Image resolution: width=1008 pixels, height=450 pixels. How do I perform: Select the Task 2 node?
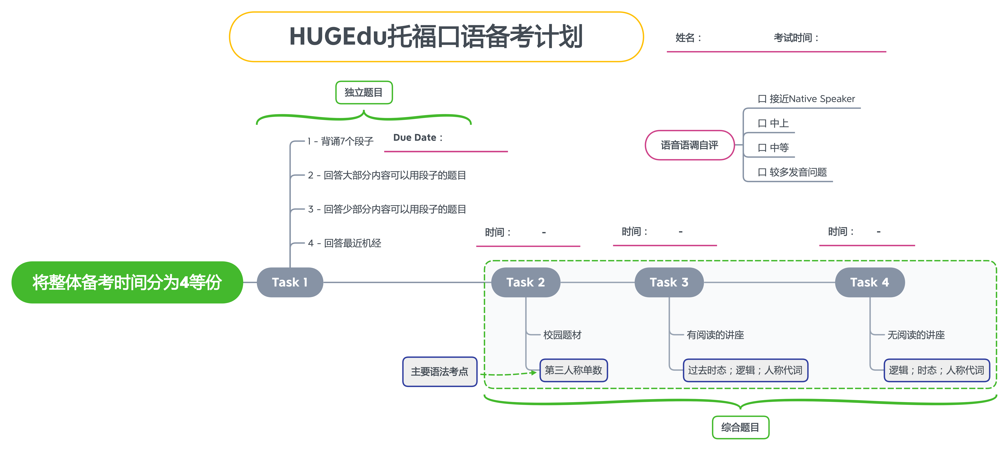click(526, 282)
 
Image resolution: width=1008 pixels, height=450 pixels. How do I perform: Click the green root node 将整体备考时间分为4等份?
click(127, 282)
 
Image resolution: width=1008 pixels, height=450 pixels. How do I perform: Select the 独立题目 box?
click(364, 92)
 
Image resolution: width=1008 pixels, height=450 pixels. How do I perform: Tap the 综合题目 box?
click(740, 427)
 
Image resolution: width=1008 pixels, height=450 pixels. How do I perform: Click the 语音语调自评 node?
click(690, 145)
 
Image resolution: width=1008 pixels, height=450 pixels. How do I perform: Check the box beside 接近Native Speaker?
click(762, 99)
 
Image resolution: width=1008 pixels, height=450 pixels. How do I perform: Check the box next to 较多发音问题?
click(762, 172)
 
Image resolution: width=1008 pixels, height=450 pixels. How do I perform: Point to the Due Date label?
click(417, 138)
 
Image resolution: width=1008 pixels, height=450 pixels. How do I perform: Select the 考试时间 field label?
click(796, 38)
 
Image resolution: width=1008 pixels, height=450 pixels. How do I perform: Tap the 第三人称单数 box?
click(574, 370)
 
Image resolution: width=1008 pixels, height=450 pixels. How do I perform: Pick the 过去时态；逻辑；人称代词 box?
click(745, 370)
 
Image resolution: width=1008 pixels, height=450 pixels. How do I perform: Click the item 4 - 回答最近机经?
click(344, 243)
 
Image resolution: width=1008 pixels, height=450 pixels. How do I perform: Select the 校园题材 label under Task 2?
click(562, 335)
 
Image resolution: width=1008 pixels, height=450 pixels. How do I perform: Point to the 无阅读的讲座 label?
click(916, 335)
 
